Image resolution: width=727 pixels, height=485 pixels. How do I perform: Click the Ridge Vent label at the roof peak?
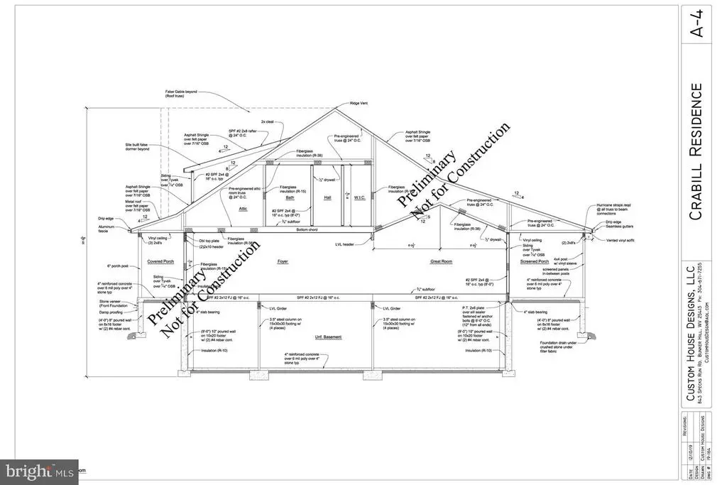pyautogui.click(x=359, y=103)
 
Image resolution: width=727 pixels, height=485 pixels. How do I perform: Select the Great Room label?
pyautogui.click(x=442, y=261)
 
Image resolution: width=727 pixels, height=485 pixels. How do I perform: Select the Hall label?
pyautogui.click(x=328, y=198)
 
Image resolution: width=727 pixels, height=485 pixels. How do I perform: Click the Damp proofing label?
pyautogui.click(x=111, y=312)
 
